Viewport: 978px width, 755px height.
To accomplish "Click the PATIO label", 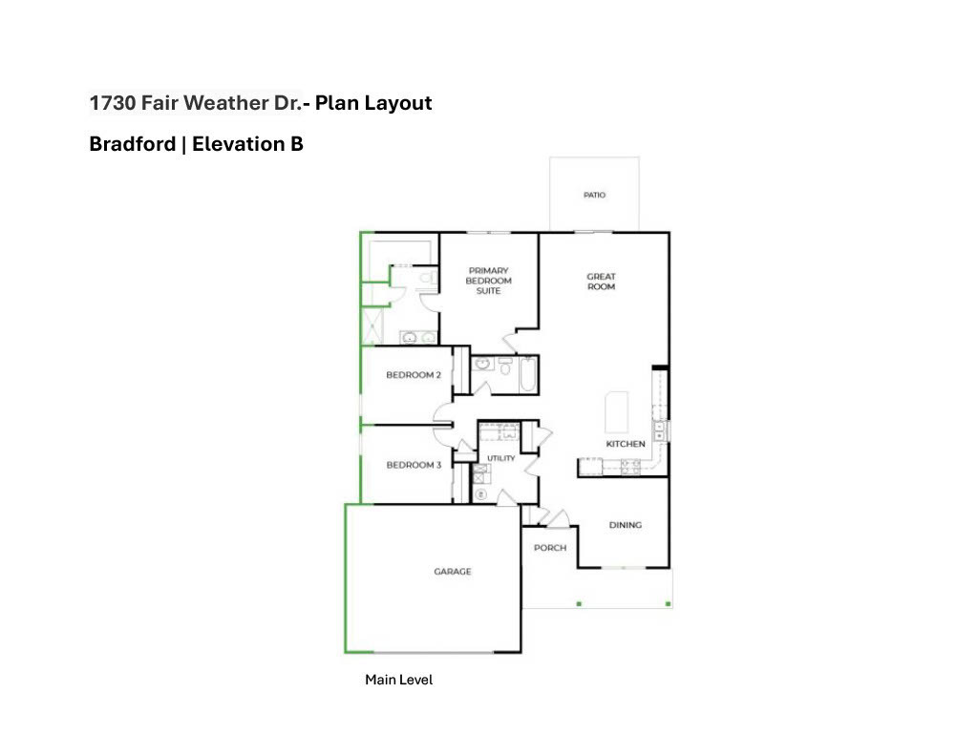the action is pos(594,195).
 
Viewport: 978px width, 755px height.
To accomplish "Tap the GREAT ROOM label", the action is pos(602,282).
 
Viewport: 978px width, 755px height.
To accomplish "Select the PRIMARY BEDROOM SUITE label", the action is pos(488,281).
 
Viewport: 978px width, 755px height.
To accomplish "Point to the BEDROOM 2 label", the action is pos(414,375).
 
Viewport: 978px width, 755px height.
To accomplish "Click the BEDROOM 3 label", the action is pos(414,465).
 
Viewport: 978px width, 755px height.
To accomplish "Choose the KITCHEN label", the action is pos(626,444).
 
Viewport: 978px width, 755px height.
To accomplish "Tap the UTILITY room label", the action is pos(500,458).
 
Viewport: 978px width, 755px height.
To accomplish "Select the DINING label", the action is pos(626,525).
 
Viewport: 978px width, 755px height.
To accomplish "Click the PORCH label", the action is pos(550,547).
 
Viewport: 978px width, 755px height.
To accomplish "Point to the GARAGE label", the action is pos(453,571).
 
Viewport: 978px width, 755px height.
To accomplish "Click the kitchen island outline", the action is pos(616,412).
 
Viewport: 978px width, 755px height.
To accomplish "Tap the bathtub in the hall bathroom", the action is pos(527,374).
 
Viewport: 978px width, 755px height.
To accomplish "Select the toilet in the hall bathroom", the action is pos(505,367).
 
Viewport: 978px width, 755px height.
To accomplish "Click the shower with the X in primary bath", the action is pos(372,325).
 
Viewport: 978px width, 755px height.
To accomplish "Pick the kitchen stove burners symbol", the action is pos(630,467).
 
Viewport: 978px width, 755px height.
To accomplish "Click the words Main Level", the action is pos(398,680).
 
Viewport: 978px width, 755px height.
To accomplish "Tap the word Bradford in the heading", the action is pos(133,144).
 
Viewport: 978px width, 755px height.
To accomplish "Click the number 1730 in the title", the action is pos(113,103).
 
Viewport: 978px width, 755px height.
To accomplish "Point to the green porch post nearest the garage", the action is pos(579,603).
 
